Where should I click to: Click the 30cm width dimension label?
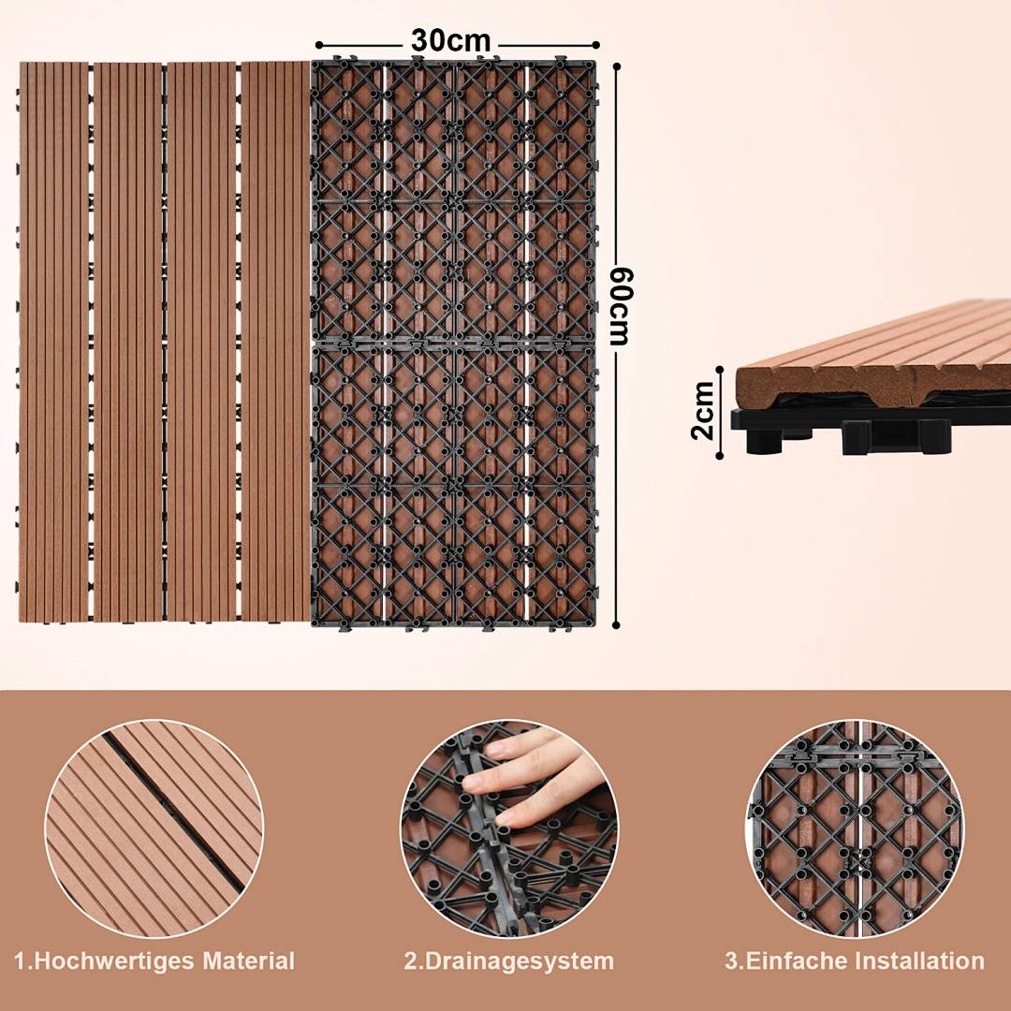click(450, 42)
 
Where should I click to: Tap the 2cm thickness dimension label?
click(703, 410)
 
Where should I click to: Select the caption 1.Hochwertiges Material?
click(154, 960)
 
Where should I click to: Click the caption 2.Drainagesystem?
click(509, 960)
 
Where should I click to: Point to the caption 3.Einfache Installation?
click(855, 960)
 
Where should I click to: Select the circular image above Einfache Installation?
click(855, 828)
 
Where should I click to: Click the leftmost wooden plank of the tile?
click(52, 342)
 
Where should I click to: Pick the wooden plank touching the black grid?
click(274, 342)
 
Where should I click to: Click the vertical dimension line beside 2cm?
click(720, 412)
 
